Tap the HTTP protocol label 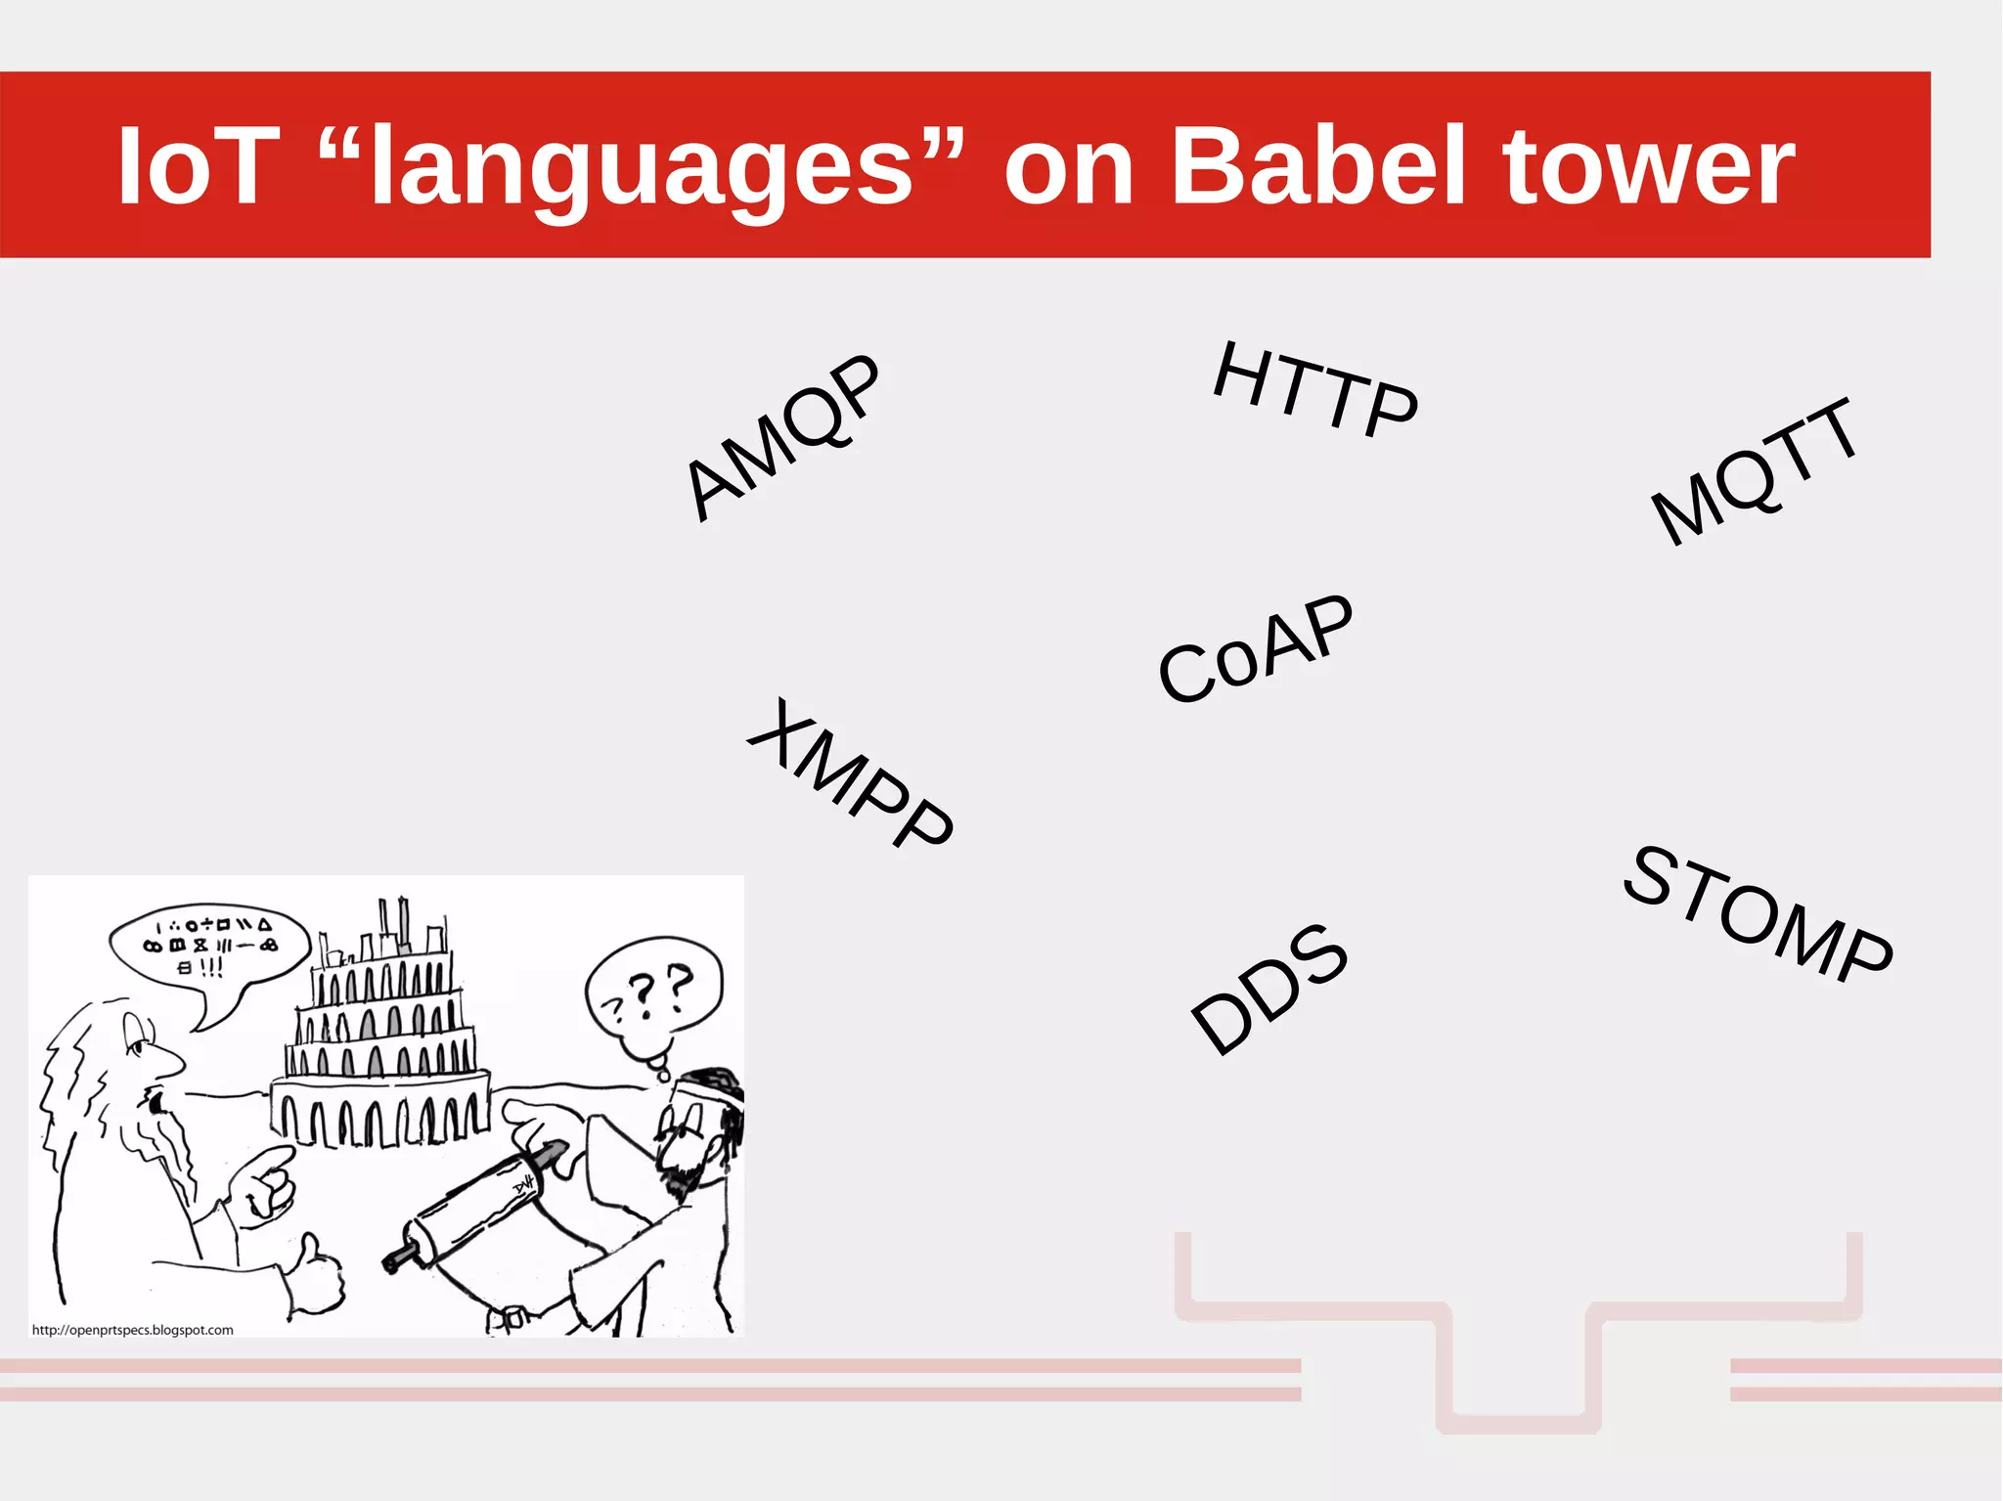[1315, 389]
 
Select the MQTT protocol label [1755, 471]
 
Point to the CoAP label [1255, 647]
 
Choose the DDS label [1269, 989]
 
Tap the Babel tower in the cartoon [381, 1037]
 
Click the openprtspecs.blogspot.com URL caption [133, 1330]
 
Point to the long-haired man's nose [172, 1058]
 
